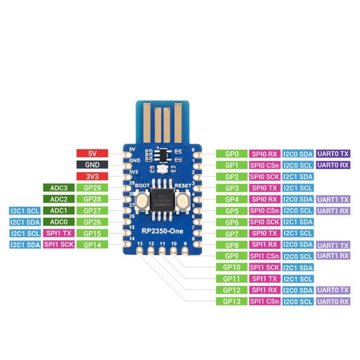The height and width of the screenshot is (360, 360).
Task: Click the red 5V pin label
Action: point(92,153)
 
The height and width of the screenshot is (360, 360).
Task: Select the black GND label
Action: point(92,165)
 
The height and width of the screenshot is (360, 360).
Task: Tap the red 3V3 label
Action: point(92,176)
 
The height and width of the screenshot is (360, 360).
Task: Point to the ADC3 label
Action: point(58,188)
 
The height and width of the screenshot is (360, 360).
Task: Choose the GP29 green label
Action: point(92,188)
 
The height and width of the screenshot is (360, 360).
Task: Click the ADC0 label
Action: point(58,222)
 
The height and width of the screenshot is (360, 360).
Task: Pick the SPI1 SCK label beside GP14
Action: point(58,244)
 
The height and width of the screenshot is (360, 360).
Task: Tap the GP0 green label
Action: point(231,153)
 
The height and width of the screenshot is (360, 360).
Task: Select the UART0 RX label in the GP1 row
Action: point(333,165)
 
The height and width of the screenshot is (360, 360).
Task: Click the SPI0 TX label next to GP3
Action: point(264,188)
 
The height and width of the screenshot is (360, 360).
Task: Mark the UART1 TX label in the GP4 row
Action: point(333,199)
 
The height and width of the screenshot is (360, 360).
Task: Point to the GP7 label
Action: point(231,233)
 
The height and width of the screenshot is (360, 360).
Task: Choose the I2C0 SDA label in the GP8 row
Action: point(298,244)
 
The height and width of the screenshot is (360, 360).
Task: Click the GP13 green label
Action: point(231,301)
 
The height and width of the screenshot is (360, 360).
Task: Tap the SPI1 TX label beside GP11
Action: point(264,279)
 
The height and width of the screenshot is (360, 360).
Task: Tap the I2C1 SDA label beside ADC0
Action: point(24,222)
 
